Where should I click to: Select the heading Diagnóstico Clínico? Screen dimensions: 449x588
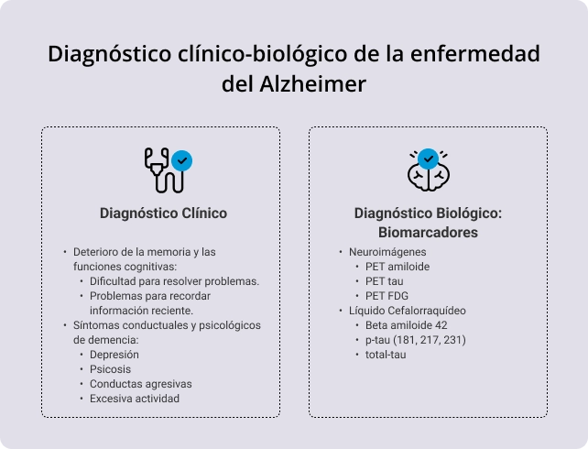pos(163,213)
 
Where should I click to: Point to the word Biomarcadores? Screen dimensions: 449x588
pos(428,233)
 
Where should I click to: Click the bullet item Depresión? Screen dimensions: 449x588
pos(114,355)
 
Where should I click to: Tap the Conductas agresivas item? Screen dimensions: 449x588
pos(141,384)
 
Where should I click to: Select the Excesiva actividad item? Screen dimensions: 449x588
pos(135,399)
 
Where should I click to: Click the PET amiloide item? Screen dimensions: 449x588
pos(397,267)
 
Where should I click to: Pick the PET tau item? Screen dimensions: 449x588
pos(384,281)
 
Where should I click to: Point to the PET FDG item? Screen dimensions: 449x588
pos(387,296)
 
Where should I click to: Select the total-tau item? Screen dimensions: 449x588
pos(385,355)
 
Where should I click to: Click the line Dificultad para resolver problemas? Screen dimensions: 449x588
pos(174,281)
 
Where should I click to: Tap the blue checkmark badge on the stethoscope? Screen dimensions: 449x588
pos(182,161)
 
